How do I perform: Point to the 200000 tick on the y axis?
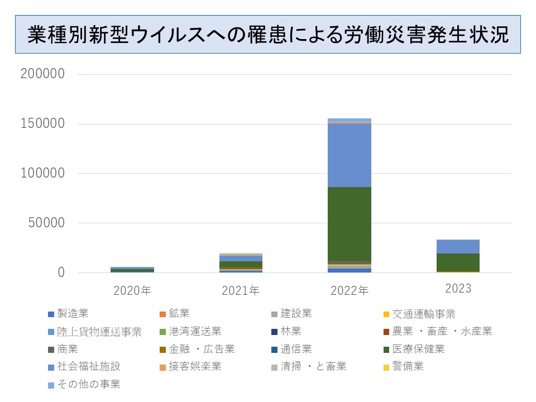click(x=42, y=74)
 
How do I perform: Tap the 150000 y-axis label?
click(x=42, y=123)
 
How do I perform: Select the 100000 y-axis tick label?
click(x=42, y=174)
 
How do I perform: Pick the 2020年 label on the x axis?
click(x=132, y=290)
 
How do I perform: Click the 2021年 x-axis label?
click(x=241, y=290)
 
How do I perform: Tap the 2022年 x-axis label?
click(x=350, y=290)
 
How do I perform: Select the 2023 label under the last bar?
click(x=458, y=289)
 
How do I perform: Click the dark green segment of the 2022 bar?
click(x=350, y=223)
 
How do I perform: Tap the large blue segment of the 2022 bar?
click(x=350, y=155)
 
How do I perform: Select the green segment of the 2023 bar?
click(x=458, y=262)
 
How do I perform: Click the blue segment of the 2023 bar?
click(x=458, y=246)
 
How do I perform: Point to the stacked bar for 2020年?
click(x=132, y=270)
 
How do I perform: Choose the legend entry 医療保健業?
click(x=418, y=350)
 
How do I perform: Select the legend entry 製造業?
click(x=73, y=314)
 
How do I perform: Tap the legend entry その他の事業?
click(x=89, y=384)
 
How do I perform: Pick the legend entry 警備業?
click(x=408, y=367)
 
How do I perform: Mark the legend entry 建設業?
click(x=296, y=314)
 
